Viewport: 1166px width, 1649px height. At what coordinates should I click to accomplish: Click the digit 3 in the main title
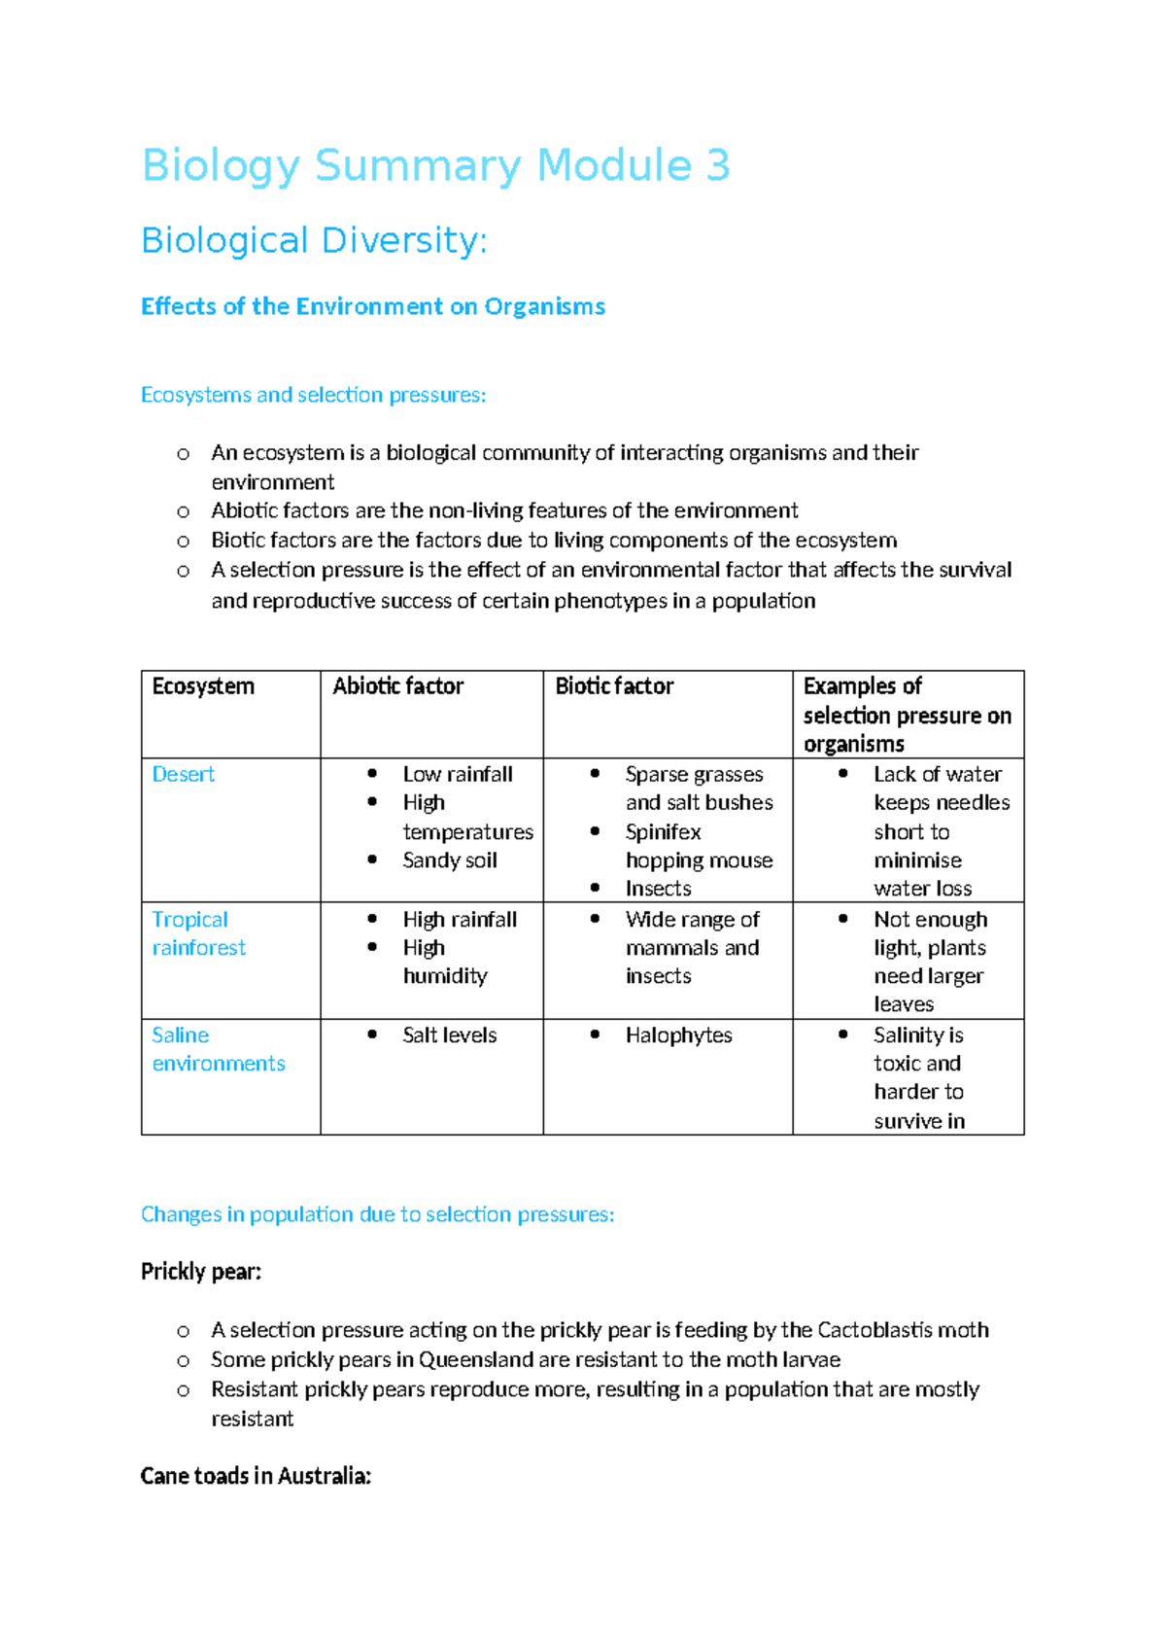point(717,165)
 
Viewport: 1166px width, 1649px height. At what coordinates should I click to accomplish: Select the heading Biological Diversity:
point(314,240)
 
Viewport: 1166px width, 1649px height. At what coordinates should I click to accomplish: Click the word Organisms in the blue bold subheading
point(544,306)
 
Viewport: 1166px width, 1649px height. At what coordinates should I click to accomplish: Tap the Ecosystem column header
point(203,686)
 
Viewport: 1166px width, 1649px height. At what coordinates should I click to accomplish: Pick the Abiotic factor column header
point(397,686)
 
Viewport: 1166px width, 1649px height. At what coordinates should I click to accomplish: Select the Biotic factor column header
point(614,686)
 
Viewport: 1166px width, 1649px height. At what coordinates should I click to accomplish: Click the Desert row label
point(183,774)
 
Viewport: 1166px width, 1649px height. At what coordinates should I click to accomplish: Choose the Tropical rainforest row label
point(198,933)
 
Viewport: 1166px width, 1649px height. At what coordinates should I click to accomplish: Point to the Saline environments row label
point(218,1049)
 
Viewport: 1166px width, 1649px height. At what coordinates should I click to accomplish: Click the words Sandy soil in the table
point(450,860)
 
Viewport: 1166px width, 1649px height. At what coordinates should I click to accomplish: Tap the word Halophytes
point(678,1035)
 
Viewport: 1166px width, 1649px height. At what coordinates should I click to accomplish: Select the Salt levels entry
point(450,1035)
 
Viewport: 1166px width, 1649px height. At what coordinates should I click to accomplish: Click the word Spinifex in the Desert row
point(663,832)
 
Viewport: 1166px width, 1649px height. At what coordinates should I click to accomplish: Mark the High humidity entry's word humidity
point(445,976)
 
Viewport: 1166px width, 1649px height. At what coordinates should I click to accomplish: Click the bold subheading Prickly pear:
point(201,1272)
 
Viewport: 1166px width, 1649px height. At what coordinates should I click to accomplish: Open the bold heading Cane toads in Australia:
point(256,1476)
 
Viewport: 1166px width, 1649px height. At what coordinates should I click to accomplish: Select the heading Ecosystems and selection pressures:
point(313,395)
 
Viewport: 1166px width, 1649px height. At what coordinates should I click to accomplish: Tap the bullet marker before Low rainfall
point(372,774)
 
